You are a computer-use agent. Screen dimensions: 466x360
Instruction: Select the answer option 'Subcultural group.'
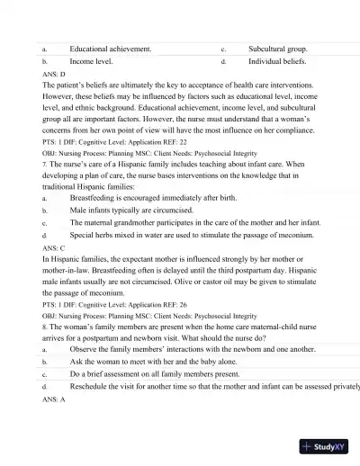(x=277, y=49)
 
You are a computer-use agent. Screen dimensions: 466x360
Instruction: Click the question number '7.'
(x=45, y=153)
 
